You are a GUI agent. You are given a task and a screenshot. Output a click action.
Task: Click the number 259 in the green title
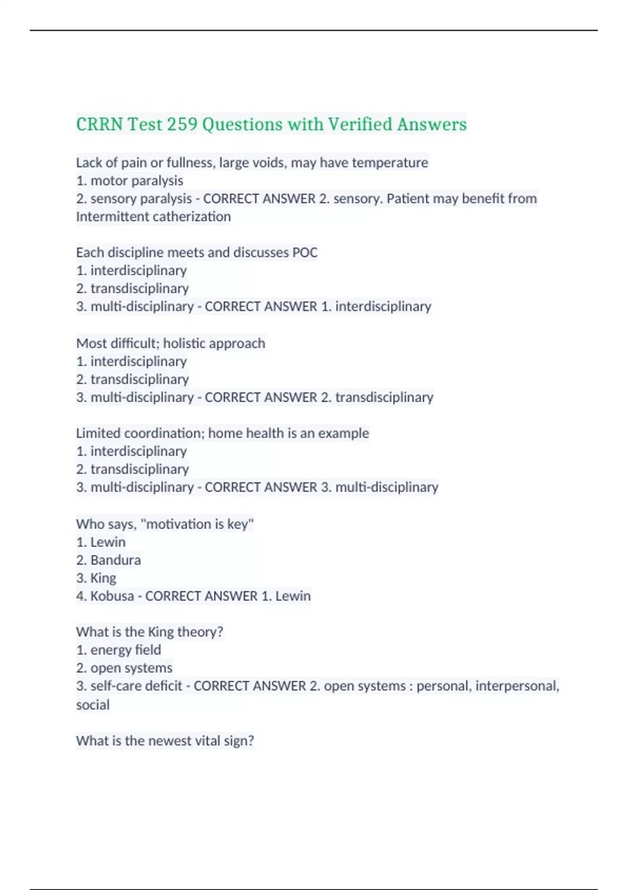(182, 125)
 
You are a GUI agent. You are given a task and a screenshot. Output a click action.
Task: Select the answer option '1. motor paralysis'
(130, 181)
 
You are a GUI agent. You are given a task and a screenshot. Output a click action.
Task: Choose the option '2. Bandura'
(108, 560)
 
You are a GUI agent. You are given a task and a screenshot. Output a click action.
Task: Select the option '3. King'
(96, 578)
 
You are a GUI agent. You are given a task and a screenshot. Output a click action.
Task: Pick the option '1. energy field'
(119, 650)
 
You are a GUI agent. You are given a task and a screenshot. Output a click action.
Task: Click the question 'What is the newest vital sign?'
(165, 741)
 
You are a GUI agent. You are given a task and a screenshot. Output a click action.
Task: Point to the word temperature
(390, 163)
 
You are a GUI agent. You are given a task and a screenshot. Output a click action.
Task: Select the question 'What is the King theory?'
(150, 632)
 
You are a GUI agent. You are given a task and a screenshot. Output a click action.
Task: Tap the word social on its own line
(93, 705)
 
